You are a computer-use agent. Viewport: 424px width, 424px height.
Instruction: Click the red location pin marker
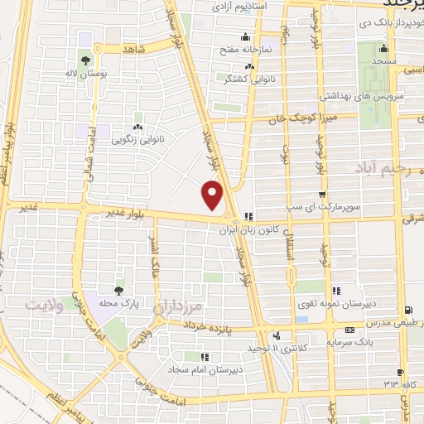point(214,196)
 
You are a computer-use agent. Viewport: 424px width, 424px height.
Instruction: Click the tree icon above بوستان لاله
point(85,60)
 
